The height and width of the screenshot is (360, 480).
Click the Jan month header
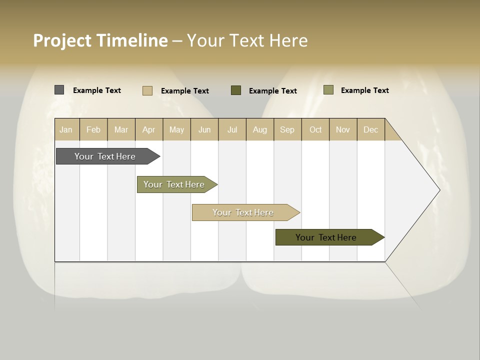[x=66, y=129]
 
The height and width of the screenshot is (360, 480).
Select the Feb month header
[x=93, y=129]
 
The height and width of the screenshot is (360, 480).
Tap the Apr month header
[x=149, y=129]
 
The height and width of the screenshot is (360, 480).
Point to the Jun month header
[x=204, y=129]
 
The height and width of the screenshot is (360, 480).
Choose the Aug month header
[x=260, y=129]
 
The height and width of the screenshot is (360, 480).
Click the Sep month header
[x=287, y=129]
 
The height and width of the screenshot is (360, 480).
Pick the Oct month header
[x=315, y=129]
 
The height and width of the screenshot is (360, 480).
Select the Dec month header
[x=371, y=129]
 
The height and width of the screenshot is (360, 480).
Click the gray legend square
[x=59, y=90]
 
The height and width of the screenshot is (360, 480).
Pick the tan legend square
[x=147, y=90]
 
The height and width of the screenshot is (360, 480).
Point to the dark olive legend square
[x=236, y=90]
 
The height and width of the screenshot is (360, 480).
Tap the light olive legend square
[x=328, y=90]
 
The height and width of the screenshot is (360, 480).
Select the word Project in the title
[x=62, y=40]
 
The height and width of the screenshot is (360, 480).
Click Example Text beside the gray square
[x=97, y=90]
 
